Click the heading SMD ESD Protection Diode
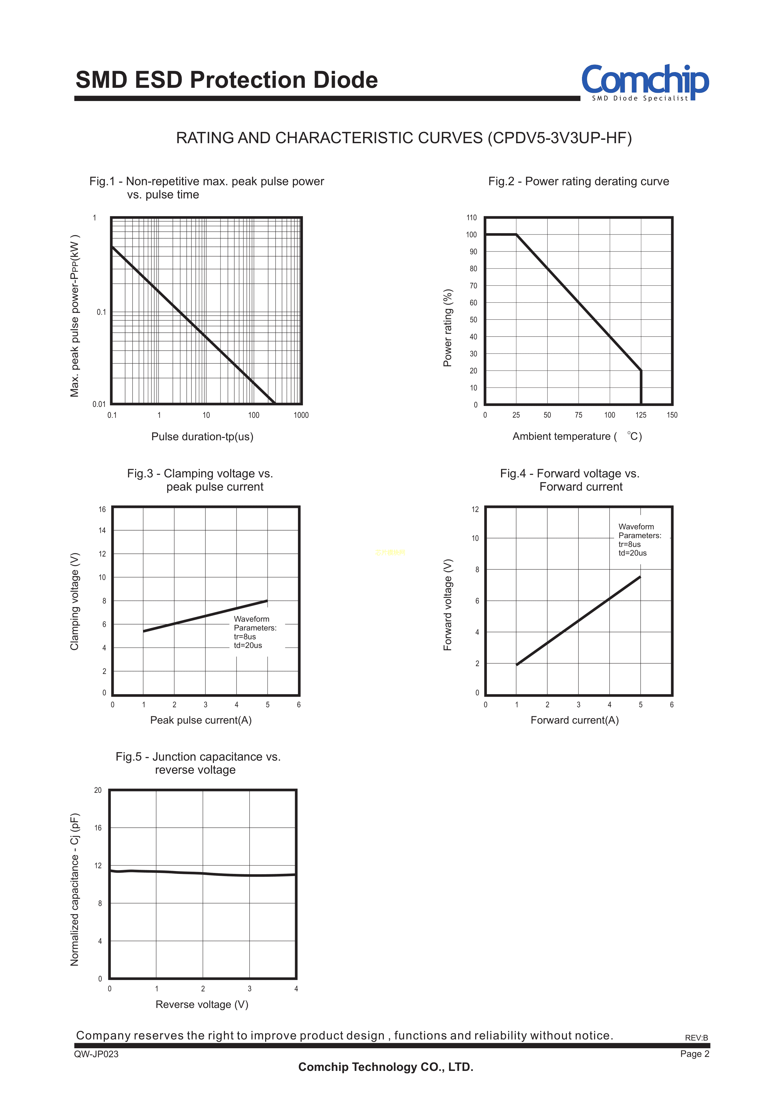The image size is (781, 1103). tap(226, 80)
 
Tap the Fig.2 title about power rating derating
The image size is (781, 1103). tap(578, 181)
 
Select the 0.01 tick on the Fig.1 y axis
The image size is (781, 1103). tap(99, 404)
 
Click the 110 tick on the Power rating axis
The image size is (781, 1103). tap(471, 218)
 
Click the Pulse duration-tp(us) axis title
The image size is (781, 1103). tap(202, 436)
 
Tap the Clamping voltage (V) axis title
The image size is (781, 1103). tap(75, 601)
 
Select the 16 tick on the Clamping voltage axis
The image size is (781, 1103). tap(102, 509)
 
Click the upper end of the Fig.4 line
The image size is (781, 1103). tap(640, 577)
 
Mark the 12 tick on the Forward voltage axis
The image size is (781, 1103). tap(475, 509)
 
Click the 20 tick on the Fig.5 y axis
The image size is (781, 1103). tap(98, 790)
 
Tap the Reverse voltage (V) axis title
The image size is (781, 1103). tap(202, 1005)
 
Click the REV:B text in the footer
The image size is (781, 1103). tap(696, 1038)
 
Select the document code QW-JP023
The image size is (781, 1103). tap(96, 1054)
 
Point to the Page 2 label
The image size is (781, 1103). tap(694, 1054)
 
